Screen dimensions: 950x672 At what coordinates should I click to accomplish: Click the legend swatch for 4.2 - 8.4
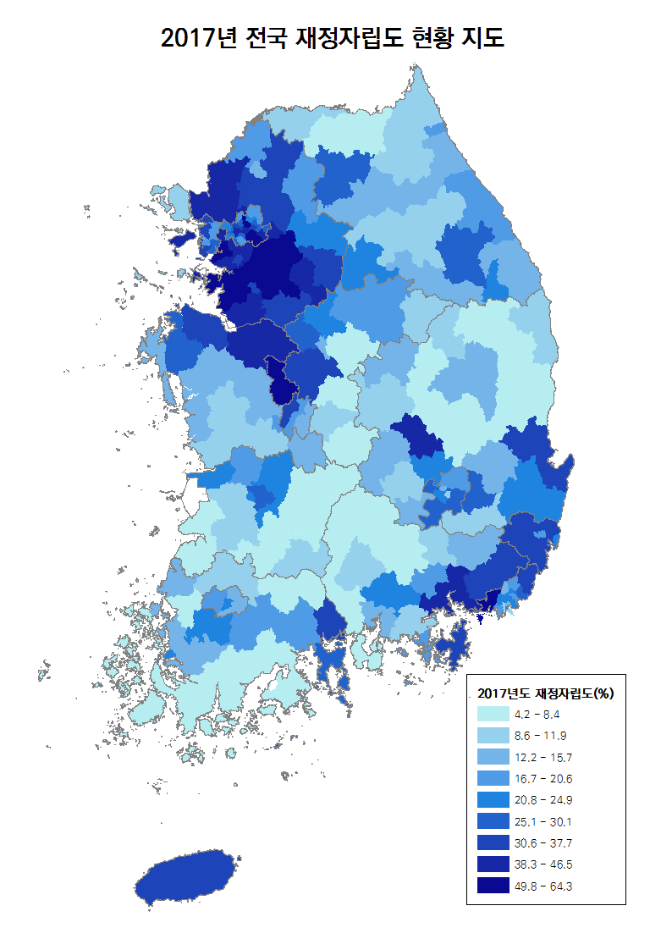coord(493,715)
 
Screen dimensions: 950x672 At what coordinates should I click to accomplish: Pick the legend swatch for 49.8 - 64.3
coord(493,886)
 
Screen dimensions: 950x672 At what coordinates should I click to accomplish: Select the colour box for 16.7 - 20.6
coord(493,778)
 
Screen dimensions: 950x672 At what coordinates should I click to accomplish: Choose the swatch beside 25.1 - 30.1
coord(493,821)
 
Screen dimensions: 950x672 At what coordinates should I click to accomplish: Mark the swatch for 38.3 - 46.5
coord(493,864)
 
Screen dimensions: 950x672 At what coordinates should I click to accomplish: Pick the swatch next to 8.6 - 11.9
coord(493,735)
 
